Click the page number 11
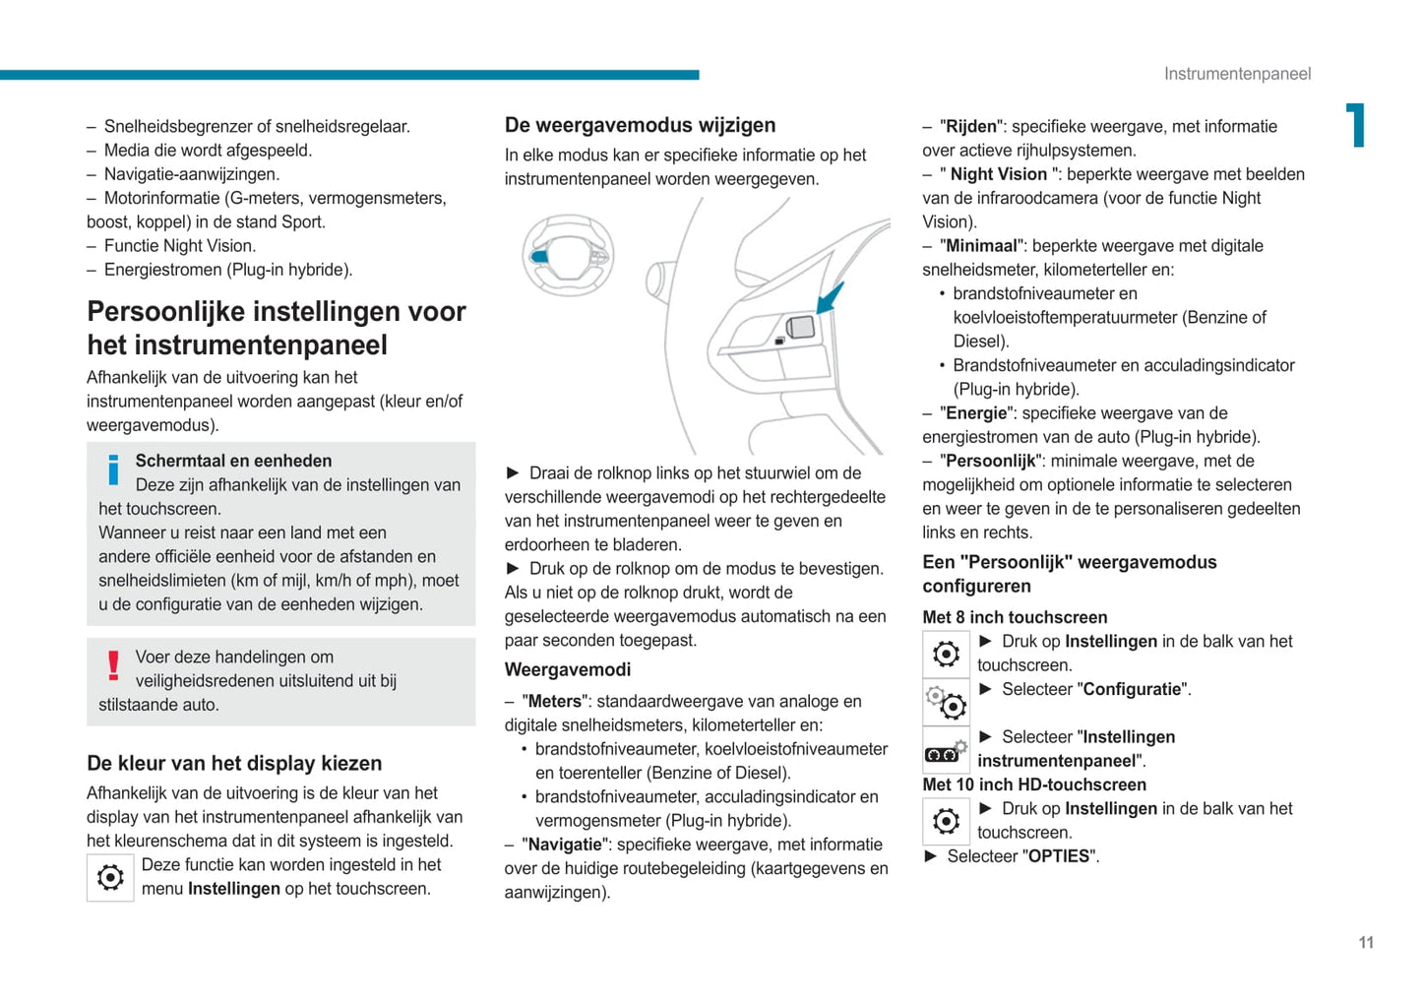point(1366,943)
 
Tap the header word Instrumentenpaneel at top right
point(1237,74)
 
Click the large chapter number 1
point(1357,125)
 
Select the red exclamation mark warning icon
point(114,666)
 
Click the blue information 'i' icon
point(114,470)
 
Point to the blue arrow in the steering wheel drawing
point(830,297)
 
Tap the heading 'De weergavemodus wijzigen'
point(640,125)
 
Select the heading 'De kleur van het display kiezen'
point(234,763)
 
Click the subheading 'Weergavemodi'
point(568,669)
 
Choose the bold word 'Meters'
point(555,701)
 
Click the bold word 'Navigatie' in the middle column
point(563,845)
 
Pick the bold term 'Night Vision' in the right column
point(998,174)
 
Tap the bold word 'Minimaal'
point(985,246)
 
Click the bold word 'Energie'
point(977,413)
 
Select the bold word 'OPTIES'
point(1059,856)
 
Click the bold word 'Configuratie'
point(1132,689)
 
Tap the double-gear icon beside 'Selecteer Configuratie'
point(946,702)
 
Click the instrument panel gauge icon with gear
point(946,752)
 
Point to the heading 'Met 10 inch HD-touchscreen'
point(1034,784)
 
